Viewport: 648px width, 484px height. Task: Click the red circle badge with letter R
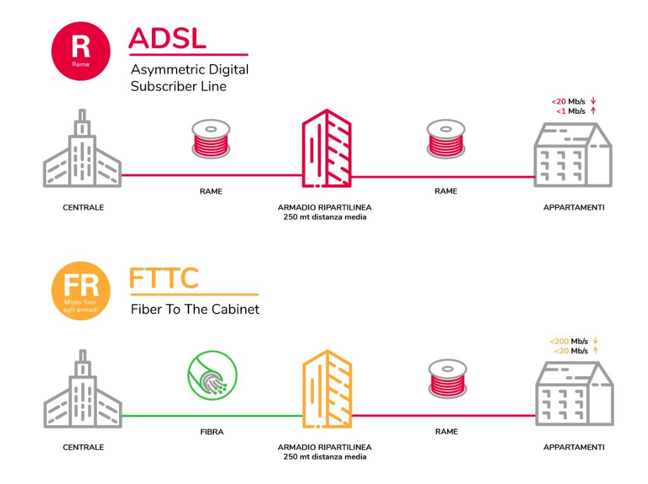click(x=80, y=50)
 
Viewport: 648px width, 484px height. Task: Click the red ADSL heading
click(x=168, y=39)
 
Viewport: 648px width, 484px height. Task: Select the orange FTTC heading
click(x=165, y=278)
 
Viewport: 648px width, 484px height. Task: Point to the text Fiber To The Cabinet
click(x=195, y=310)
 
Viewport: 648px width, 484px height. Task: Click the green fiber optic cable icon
click(x=211, y=376)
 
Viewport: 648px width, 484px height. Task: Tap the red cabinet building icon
click(x=326, y=150)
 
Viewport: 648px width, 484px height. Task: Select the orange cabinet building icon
click(x=326, y=388)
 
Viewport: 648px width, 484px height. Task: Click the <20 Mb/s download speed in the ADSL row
click(x=568, y=101)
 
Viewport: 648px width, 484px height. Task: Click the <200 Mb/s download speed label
click(x=568, y=341)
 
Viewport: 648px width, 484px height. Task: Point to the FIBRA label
click(x=211, y=432)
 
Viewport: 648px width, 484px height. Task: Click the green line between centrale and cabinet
click(x=211, y=416)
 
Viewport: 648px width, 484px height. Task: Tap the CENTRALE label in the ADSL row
click(x=83, y=208)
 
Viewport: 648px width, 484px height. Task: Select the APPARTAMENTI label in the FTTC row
click(x=573, y=447)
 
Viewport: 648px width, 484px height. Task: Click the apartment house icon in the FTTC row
click(x=573, y=393)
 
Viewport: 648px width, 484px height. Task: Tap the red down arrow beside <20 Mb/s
click(x=594, y=101)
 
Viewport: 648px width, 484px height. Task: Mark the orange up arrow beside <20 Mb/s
click(x=594, y=350)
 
